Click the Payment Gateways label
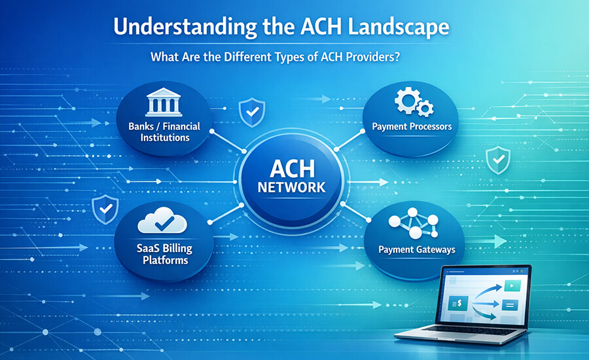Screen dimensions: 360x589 417,249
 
